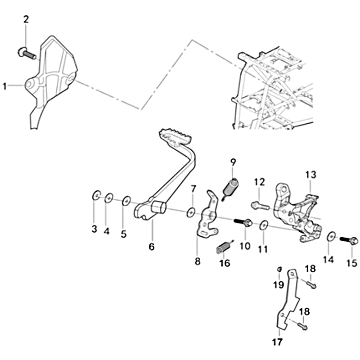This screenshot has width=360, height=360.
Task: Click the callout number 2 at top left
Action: tap(26, 19)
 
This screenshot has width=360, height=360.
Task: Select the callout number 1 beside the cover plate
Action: tap(5, 86)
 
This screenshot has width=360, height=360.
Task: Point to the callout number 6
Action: tap(151, 247)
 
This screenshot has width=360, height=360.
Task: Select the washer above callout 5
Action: tap(126, 199)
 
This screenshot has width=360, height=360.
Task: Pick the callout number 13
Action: tap(311, 174)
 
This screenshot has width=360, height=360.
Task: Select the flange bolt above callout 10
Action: tap(244, 222)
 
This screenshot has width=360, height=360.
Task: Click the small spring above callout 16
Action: tap(224, 247)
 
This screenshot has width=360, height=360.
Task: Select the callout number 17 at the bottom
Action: tap(277, 342)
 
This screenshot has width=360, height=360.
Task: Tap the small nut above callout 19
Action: tap(279, 269)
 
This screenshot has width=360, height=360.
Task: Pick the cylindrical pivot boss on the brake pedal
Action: tap(159, 207)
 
